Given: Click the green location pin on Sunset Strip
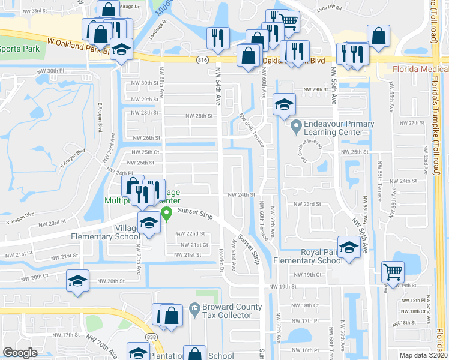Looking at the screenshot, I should coord(167,213).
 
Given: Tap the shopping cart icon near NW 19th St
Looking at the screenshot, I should coord(393,272).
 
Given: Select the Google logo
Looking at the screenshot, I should coord(20,353).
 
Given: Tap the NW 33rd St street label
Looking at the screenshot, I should coord(49,11).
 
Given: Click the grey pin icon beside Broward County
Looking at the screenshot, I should coord(194,310).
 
